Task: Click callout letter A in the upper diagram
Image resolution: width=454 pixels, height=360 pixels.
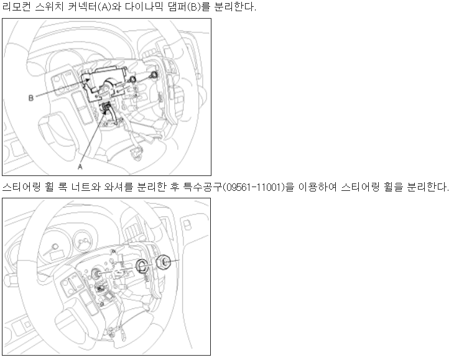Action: point(80,167)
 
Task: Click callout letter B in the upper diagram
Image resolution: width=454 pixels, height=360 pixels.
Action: point(31,98)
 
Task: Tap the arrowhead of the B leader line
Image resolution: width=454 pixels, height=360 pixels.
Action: point(88,80)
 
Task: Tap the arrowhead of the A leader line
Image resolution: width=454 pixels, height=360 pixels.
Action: point(106,110)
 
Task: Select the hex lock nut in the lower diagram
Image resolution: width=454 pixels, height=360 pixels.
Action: point(163,262)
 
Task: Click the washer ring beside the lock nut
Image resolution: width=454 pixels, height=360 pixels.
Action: point(142,265)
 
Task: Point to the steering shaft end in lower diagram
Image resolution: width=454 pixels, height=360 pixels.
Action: point(95,273)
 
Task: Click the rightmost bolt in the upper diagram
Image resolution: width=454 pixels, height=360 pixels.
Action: point(154,75)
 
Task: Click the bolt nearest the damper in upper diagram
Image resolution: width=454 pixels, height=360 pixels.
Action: point(133,79)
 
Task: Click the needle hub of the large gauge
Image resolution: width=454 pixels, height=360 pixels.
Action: point(55,247)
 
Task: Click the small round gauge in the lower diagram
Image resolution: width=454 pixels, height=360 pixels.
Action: point(83,240)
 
